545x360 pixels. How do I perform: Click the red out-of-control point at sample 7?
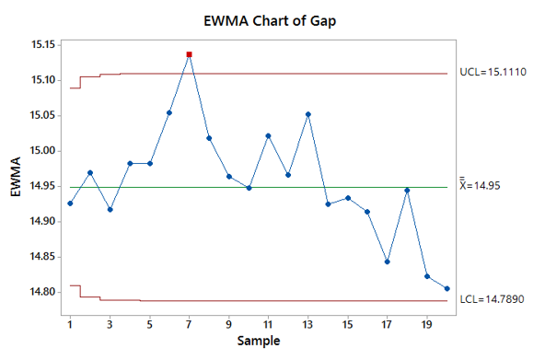[189, 54]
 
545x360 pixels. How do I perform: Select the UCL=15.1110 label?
[493, 71]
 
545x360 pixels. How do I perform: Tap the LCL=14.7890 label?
[493, 300]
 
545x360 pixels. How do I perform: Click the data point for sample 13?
[307, 114]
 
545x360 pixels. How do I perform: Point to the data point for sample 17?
[387, 261]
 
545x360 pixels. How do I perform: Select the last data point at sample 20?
[446, 288]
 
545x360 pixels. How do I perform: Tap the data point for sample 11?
[268, 135]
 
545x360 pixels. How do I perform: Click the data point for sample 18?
[407, 190]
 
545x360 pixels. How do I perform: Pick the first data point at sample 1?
[70, 203]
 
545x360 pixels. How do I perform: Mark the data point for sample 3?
[110, 209]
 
